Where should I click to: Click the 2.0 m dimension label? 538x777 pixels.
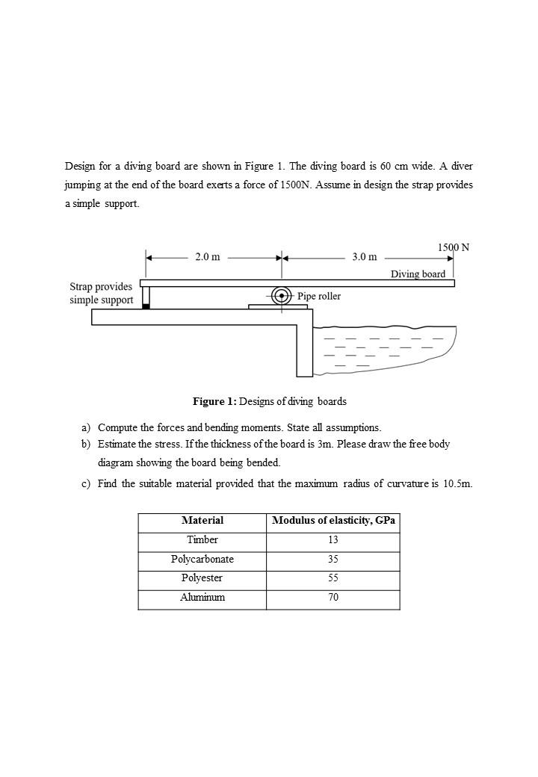click(x=208, y=257)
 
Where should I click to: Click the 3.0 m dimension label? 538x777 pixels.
click(x=365, y=257)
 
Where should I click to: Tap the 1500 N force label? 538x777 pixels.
click(x=453, y=247)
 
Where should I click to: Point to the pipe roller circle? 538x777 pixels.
click(x=282, y=296)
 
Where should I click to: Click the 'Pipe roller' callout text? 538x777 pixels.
click(x=319, y=297)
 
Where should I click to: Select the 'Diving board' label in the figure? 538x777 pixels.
click(x=418, y=274)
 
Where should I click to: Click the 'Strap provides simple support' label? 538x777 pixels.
click(x=101, y=294)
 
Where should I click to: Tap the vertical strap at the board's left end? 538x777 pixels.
click(x=146, y=297)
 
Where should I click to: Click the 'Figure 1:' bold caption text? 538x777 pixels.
click(x=214, y=402)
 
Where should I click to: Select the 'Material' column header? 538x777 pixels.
click(x=202, y=521)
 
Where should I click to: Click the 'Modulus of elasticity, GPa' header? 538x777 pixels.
click(x=333, y=521)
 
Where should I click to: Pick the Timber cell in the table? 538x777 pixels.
click(x=202, y=540)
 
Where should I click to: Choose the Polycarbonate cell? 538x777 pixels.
click(x=202, y=560)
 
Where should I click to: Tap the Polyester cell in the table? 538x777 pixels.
click(x=202, y=578)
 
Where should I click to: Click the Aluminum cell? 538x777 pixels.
click(x=202, y=598)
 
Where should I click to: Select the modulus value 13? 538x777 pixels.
click(x=333, y=540)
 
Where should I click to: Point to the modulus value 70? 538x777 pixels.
click(x=333, y=598)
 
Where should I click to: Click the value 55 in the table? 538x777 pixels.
click(x=333, y=578)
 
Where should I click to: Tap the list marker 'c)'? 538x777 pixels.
click(x=86, y=484)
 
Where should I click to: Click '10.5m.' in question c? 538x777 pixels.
click(x=457, y=484)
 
